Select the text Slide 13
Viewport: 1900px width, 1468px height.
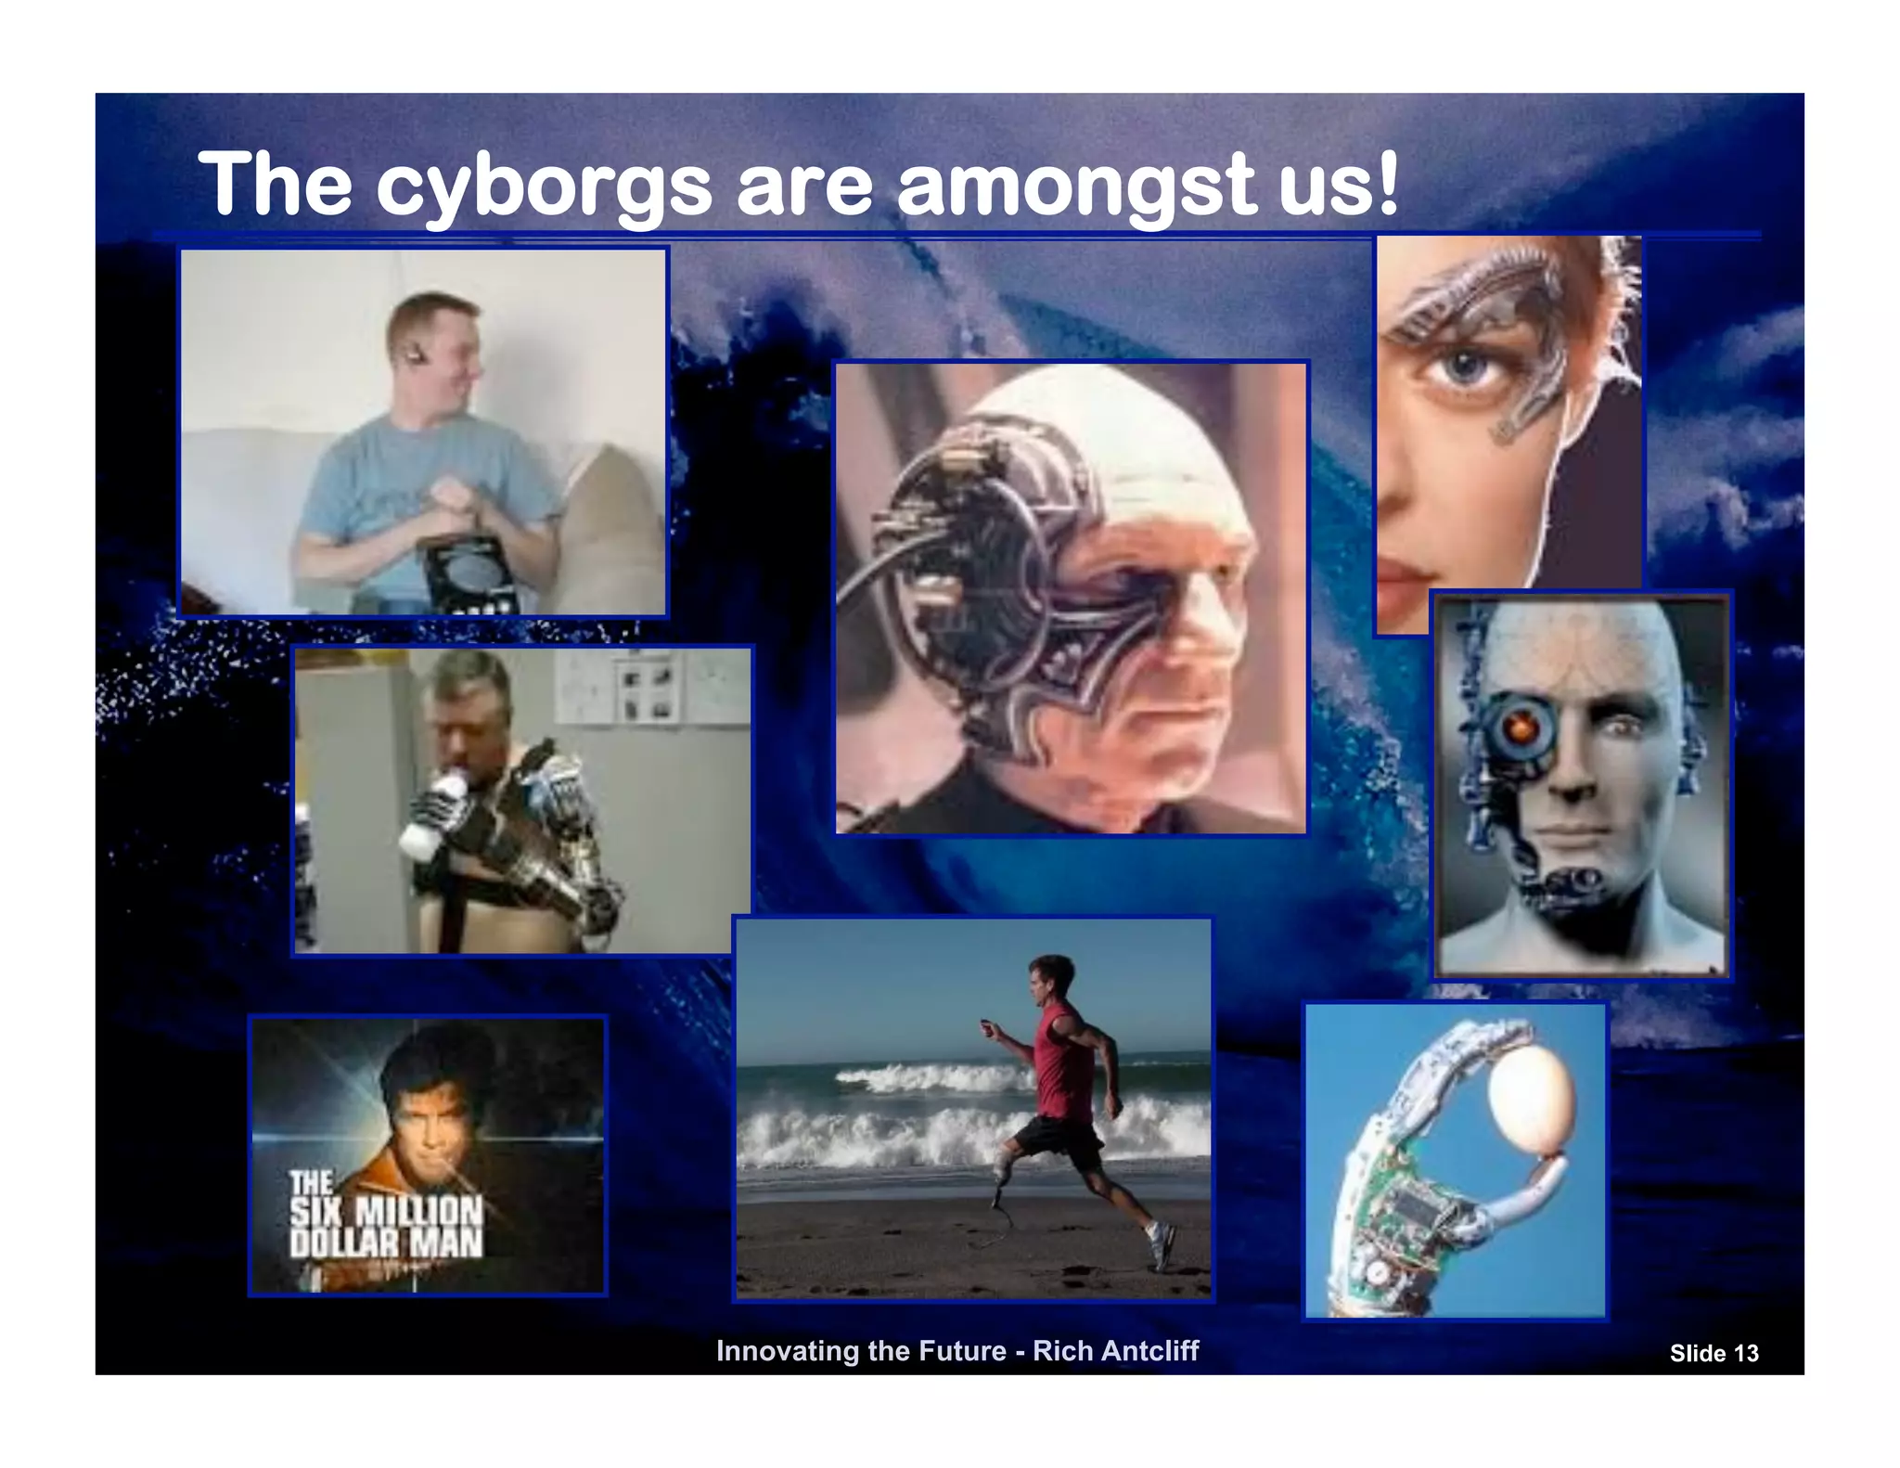pos(1714,1354)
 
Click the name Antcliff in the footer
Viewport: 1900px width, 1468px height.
pos(1142,1350)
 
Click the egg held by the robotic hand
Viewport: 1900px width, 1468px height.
pos(1532,1093)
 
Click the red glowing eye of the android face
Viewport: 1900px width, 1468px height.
pos(1519,729)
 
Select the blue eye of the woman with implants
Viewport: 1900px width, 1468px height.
pos(1465,367)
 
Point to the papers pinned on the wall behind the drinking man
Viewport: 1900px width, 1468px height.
pos(649,687)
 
